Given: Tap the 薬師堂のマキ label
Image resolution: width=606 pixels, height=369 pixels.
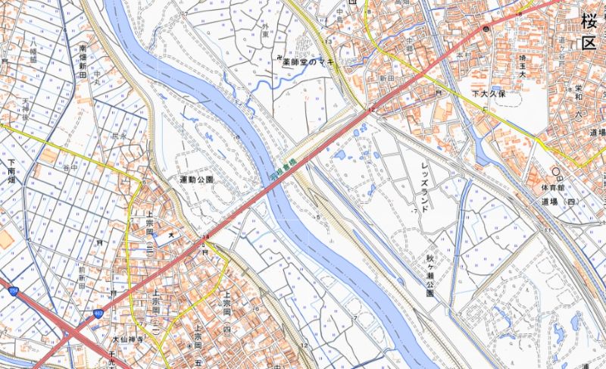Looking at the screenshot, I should tap(308, 62).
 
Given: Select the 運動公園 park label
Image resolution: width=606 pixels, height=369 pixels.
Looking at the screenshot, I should tap(196, 180).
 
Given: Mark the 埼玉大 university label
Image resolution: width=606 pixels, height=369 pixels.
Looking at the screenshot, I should tap(522, 67).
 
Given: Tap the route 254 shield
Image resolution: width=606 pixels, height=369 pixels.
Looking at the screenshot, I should tap(13, 290).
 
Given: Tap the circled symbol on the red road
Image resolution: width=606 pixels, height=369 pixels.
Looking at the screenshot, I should tap(486, 28).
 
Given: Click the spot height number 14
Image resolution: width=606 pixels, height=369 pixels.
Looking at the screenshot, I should tap(205, 238).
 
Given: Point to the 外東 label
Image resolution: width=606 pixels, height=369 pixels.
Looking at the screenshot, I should tap(265, 30).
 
